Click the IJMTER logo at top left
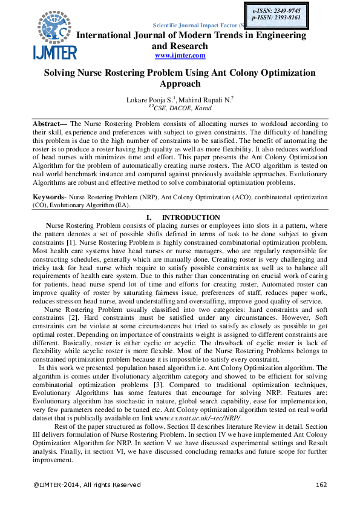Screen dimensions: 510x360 pos(55,36)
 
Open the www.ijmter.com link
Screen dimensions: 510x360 pos(180,56)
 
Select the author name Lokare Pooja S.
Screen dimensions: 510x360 pos(149,99)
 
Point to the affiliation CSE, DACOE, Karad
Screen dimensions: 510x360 pos(182,107)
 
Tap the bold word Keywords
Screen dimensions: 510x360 pos(48,197)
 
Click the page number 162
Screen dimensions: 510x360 pos(322,485)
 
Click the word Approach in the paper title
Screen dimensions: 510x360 pos(180,84)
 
